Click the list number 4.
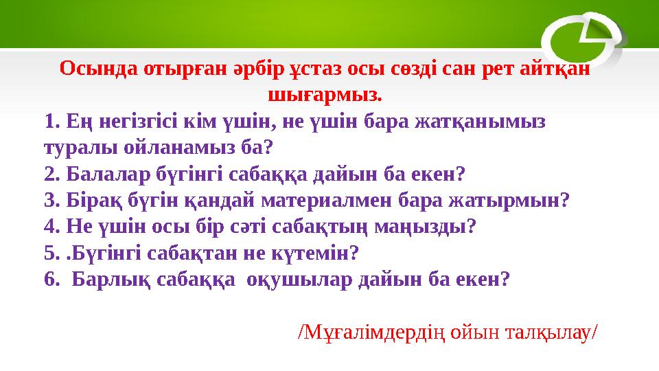(x=48, y=226)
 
